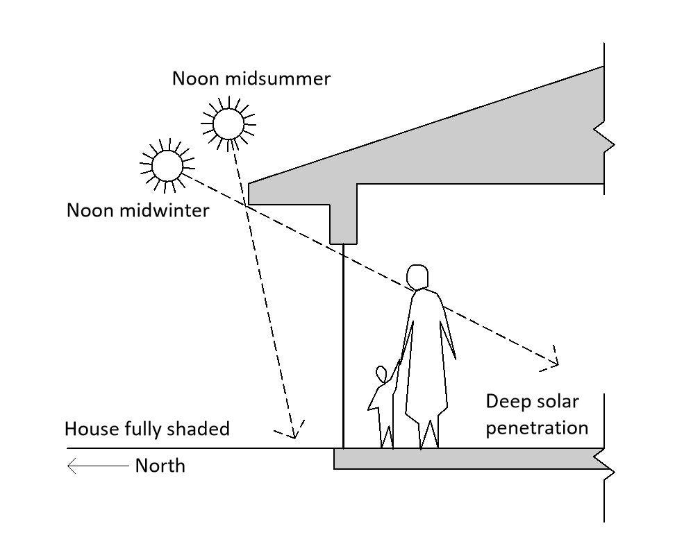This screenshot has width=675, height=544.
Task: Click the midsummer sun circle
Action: (x=228, y=124)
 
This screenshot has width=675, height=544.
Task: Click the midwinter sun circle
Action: (x=167, y=166)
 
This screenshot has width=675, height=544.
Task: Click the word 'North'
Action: (x=160, y=466)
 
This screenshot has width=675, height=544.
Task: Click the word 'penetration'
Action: (x=537, y=428)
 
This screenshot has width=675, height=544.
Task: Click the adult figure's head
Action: (x=417, y=277)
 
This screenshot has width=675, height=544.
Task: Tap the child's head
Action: (x=381, y=374)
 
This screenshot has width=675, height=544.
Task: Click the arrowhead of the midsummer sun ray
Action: (x=293, y=432)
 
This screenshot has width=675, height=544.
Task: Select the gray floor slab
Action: (x=469, y=459)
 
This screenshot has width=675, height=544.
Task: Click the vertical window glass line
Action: (x=343, y=346)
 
